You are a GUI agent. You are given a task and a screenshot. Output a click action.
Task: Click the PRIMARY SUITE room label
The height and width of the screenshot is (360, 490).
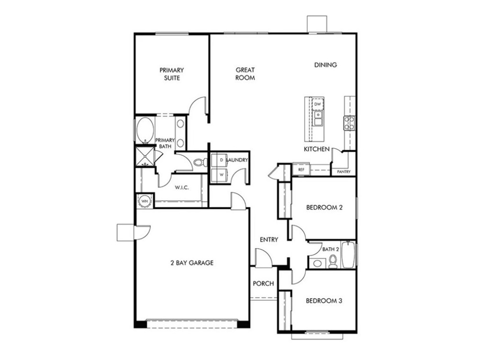point(171,74)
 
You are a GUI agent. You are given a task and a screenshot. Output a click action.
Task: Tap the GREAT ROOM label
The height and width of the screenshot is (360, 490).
point(245,74)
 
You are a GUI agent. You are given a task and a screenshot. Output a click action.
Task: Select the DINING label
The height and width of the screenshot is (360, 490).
point(325,65)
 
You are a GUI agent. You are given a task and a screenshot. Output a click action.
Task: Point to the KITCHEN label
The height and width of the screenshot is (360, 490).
point(317,149)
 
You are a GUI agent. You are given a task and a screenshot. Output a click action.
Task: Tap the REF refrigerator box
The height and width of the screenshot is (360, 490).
point(301,170)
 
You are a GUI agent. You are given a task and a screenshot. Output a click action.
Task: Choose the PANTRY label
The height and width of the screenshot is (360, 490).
point(344,172)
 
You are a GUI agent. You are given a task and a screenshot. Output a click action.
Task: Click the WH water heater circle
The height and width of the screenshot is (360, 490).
point(145,201)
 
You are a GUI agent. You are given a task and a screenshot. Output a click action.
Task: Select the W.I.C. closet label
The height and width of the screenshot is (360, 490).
point(181,187)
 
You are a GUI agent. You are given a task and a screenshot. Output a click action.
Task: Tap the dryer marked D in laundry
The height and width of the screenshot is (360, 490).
point(221,160)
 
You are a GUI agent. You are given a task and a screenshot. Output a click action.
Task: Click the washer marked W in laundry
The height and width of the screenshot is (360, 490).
point(221,175)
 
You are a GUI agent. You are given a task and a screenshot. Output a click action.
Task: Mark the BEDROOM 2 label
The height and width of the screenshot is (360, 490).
point(324,207)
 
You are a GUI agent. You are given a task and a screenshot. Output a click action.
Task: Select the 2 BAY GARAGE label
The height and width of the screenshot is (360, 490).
point(192,262)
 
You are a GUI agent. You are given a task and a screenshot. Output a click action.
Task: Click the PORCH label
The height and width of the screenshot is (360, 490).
point(263,284)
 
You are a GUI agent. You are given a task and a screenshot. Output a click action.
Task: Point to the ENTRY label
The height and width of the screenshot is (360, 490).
point(268,240)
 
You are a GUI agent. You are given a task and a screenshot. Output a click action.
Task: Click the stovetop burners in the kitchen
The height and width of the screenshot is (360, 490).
point(349,123)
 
